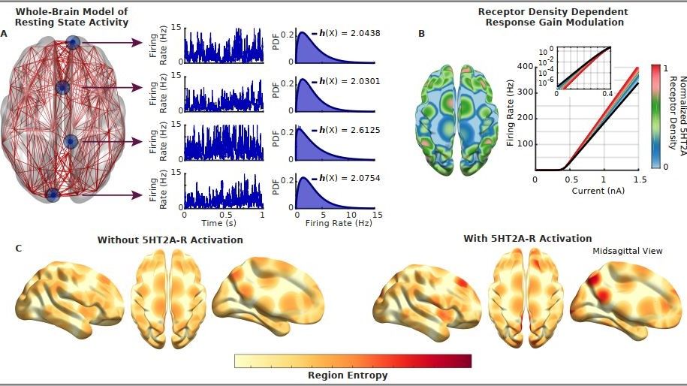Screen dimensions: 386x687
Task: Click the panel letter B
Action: click(x=421, y=34)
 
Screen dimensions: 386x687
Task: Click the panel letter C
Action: click(x=19, y=247)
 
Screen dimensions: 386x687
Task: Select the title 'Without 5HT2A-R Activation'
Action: click(x=170, y=240)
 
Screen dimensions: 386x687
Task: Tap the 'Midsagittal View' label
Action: click(x=628, y=251)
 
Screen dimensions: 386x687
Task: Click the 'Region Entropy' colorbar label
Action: click(x=348, y=374)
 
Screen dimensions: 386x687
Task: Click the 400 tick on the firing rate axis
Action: click(x=523, y=66)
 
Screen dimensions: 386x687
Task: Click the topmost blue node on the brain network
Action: click(x=74, y=44)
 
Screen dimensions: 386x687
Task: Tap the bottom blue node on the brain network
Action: click(x=53, y=195)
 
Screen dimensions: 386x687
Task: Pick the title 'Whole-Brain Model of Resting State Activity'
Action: click(x=71, y=17)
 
